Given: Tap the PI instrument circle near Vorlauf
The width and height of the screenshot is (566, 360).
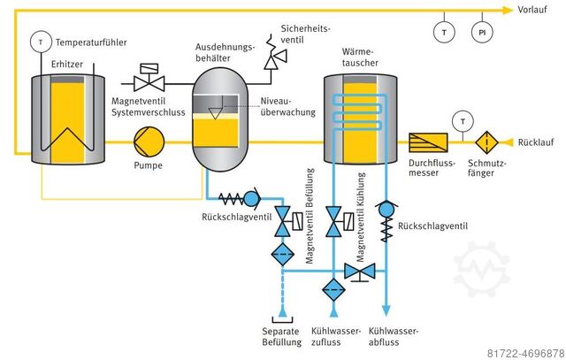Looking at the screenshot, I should tap(481, 32).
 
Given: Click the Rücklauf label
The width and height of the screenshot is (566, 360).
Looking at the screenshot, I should tap(538, 142).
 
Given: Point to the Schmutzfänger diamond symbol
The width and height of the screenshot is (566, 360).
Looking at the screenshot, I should tap(486, 142).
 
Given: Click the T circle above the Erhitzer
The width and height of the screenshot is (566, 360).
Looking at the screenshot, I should tap(41, 42).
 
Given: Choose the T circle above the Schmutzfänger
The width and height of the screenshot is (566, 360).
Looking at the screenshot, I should tap(460, 119).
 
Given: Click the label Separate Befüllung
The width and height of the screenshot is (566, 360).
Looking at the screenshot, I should tap(283, 337).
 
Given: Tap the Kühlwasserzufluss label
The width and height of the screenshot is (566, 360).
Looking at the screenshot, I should tap(334, 337).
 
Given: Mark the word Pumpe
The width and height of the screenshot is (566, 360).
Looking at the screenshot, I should tap(148, 165).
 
